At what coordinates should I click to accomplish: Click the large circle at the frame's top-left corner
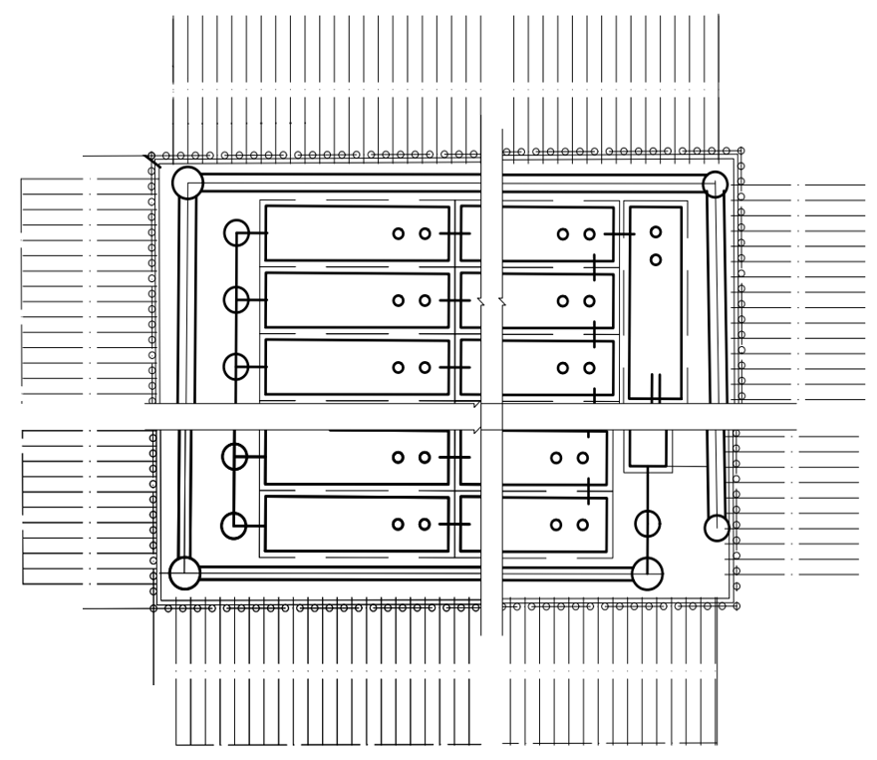(x=187, y=184)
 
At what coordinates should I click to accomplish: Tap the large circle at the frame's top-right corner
(x=715, y=184)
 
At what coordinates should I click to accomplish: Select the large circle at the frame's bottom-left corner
(x=184, y=573)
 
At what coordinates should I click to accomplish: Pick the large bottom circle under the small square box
(x=647, y=573)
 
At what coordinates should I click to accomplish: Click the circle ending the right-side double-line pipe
(x=717, y=528)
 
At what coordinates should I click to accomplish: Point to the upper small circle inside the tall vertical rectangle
(x=656, y=232)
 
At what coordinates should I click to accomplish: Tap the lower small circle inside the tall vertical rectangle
(x=656, y=260)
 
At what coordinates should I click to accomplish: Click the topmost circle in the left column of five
(x=236, y=233)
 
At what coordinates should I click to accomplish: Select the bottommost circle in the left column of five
(x=234, y=525)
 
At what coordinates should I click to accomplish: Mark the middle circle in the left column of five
(x=236, y=367)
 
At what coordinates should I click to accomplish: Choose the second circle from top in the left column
(x=236, y=299)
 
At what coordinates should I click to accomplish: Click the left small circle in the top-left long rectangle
(x=398, y=234)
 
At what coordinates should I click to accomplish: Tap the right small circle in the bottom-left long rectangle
(x=425, y=525)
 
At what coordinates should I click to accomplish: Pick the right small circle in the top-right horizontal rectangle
(x=589, y=234)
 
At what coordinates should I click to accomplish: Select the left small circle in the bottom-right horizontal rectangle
(x=556, y=525)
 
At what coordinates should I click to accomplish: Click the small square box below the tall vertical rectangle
(x=649, y=449)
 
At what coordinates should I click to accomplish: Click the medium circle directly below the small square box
(x=648, y=523)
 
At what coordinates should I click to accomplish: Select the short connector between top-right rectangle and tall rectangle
(x=620, y=234)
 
